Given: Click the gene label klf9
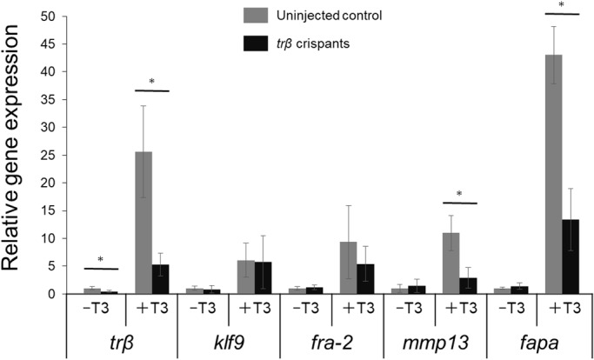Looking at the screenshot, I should (227, 341).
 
